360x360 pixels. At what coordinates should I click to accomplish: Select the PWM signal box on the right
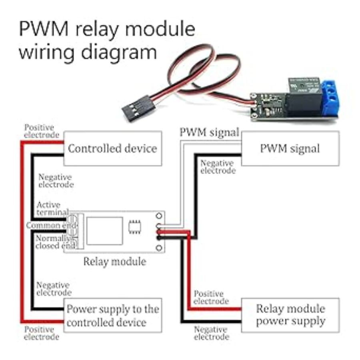(x=290, y=148)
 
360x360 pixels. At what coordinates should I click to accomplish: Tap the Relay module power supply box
(x=290, y=315)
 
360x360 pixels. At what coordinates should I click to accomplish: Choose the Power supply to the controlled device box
(x=113, y=315)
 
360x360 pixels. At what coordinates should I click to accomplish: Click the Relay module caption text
(x=114, y=262)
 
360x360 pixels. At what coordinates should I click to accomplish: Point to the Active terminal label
(x=52, y=208)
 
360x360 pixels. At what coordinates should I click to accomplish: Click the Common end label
(x=46, y=225)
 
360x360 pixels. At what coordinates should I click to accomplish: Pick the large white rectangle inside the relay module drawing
(x=104, y=231)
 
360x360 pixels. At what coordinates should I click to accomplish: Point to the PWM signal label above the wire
(x=209, y=132)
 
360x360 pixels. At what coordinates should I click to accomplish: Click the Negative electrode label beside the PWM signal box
(x=218, y=167)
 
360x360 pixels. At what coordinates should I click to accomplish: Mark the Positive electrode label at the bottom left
(x=41, y=333)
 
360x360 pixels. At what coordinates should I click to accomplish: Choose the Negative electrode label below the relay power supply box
(x=212, y=333)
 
